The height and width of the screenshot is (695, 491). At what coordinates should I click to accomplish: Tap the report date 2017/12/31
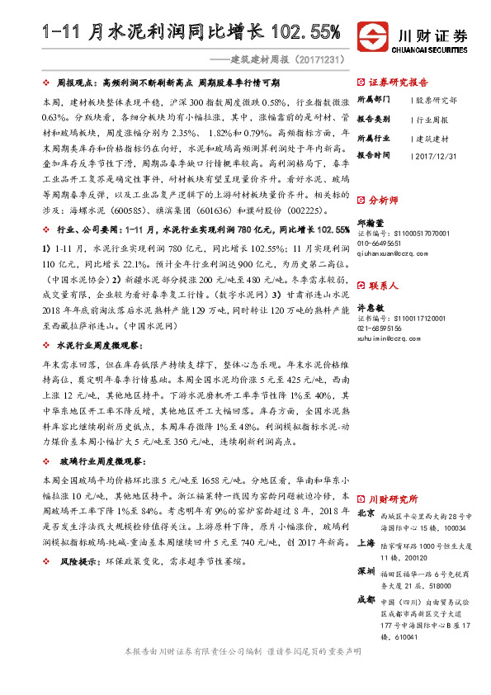click(434, 155)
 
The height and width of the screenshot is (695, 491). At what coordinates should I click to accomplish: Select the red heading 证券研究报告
click(399, 83)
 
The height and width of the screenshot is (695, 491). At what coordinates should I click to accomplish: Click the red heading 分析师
click(383, 201)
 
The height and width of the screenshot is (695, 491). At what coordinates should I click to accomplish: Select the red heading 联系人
click(383, 286)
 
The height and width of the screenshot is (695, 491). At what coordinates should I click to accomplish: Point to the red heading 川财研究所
click(393, 499)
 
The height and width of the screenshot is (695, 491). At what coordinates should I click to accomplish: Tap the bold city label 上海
click(366, 545)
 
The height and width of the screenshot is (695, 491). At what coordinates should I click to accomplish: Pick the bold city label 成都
click(366, 600)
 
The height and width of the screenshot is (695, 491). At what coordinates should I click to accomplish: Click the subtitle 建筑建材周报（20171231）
click(287, 59)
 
